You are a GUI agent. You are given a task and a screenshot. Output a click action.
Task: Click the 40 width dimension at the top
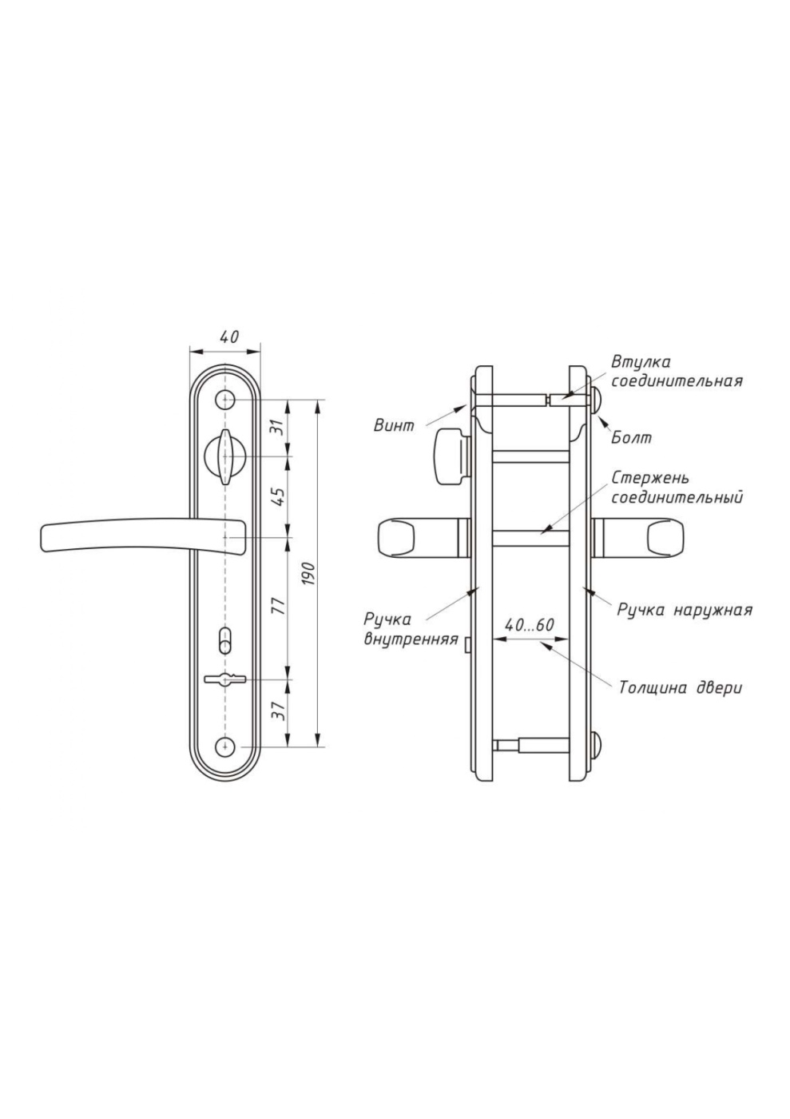pos(229,336)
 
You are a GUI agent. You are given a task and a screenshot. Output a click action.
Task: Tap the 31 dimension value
pos(279,427)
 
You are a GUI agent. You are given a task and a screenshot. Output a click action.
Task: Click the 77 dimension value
pos(279,606)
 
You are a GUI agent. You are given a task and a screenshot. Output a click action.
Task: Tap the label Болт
pos(631,438)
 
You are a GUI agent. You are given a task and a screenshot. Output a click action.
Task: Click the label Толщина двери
pos(680,687)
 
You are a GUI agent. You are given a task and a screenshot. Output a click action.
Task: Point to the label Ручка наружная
pos(685,610)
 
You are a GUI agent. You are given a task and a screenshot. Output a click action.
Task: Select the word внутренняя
pos(411,639)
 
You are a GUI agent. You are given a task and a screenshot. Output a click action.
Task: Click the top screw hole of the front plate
pos(225,400)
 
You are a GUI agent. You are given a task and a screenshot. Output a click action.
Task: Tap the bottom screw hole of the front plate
pos(225,747)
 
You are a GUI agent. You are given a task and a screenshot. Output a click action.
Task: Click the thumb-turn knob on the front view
pos(225,456)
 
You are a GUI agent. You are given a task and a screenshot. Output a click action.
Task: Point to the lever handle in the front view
pos(143,536)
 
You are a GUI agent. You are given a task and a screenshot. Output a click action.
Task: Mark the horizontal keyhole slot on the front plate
pos(224,679)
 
